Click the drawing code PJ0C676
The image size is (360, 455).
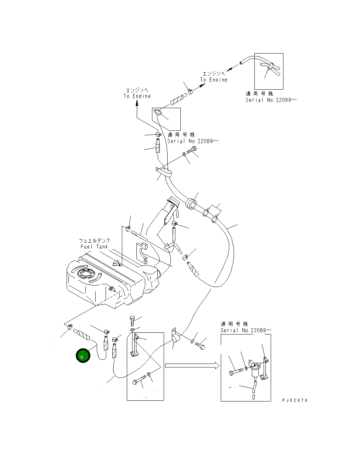click(295, 400)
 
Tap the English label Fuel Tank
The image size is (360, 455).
click(94, 247)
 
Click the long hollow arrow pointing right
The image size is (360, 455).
click(192, 365)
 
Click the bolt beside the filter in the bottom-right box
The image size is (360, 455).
click(236, 371)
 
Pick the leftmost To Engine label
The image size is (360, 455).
click(137, 96)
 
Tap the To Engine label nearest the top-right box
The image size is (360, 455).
click(214, 80)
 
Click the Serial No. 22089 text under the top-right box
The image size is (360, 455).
click(271, 100)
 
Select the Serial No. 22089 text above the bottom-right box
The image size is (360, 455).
click(246, 330)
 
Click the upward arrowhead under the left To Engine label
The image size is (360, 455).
click(137, 103)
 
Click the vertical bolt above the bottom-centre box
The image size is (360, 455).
click(132, 322)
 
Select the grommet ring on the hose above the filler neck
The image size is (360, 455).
click(191, 204)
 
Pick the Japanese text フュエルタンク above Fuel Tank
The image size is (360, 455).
click(94, 241)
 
